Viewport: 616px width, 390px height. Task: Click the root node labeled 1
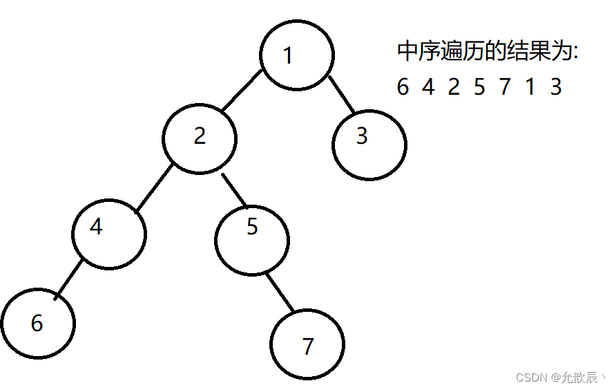tap(297, 55)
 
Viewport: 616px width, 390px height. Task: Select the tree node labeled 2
tap(200, 138)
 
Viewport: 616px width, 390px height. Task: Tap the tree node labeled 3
tap(369, 145)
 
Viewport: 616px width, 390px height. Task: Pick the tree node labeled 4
tap(109, 234)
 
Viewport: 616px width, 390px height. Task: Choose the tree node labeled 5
tap(252, 240)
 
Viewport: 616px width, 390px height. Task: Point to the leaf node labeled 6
tap(38, 324)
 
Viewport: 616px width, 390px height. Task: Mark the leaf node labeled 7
tap(307, 344)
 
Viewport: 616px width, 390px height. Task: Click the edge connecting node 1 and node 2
tap(242, 91)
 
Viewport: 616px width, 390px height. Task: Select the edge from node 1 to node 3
tap(341, 95)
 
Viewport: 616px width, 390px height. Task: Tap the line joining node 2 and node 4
tap(154, 189)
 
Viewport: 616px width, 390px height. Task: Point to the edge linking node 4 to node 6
tap(69, 279)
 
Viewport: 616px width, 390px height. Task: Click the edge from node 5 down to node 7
tap(280, 292)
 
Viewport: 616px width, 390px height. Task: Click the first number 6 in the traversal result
tap(403, 86)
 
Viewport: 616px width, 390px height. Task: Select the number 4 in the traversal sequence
tap(428, 86)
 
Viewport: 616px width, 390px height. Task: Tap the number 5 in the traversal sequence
tap(479, 86)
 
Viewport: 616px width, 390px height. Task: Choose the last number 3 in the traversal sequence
tap(556, 86)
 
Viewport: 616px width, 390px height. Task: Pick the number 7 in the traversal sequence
tap(505, 86)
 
